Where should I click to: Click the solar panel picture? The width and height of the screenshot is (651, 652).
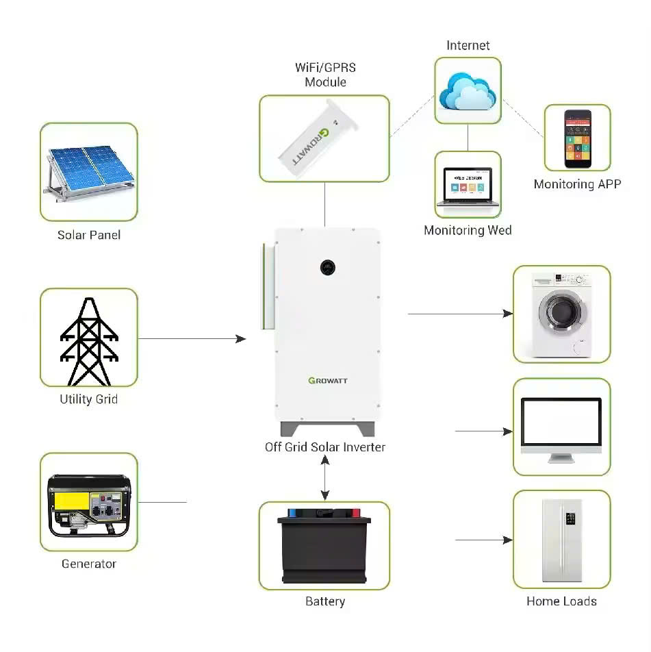pyautogui.click(x=88, y=171)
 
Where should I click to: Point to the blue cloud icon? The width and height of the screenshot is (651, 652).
pyautogui.click(x=468, y=90)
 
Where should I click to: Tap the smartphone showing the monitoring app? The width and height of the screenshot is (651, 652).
pyautogui.click(x=577, y=138)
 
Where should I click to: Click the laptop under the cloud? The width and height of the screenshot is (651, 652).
pyautogui.click(x=468, y=186)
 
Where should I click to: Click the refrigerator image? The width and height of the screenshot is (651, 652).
pyautogui.click(x=561, y=540)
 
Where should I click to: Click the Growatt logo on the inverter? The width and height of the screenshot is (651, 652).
pyautogui.click(x=328, y=381)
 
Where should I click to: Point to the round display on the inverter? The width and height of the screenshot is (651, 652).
pyautogui.click(x=327, y=266)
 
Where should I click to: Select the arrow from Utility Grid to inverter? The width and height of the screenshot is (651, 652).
pyautogui.click(x=192, y=338)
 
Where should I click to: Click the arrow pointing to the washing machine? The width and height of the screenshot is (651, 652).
pyautogui.click(x=460, y=314)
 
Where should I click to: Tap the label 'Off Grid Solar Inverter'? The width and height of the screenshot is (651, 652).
pyautogui.click(x=325, y=447)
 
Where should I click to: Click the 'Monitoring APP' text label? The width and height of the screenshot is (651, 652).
pyautogui.click(x=577, y=184)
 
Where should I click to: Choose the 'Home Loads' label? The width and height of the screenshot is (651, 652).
pyautogui.click(x=561, y=601)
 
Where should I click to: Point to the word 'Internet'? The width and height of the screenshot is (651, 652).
pyautogui.click(x=468, y=45)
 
